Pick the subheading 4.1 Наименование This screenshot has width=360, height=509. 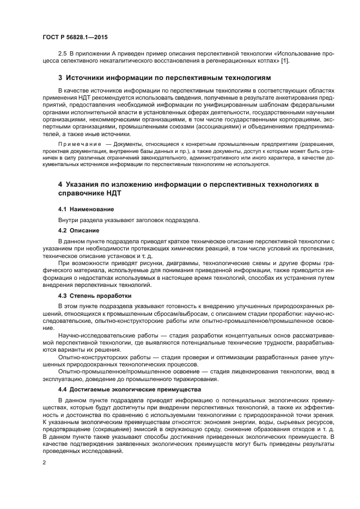tap(86, 209)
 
